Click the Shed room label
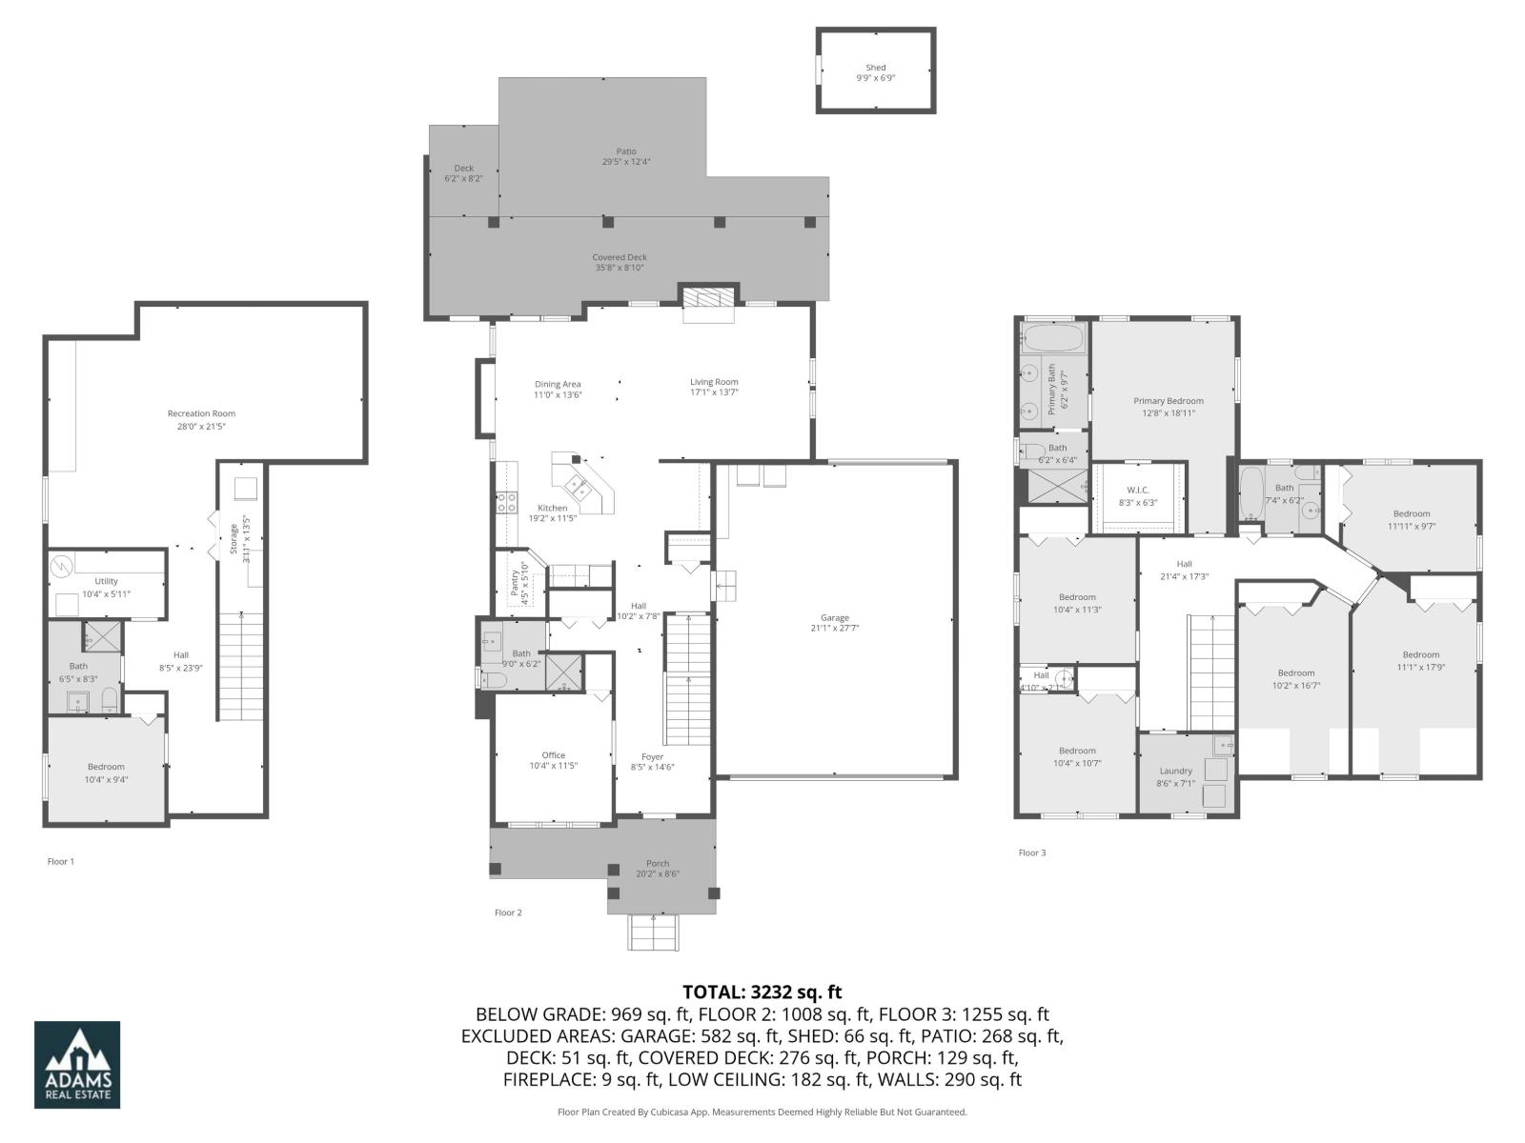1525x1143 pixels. [x=875, y=68]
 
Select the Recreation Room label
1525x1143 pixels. [x=201, y=413]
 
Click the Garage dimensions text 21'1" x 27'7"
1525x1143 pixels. [x=835, y=629]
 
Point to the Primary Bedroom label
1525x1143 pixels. [x=1168, y=401]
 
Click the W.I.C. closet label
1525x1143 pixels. [x=1137, y=491]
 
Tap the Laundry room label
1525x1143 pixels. [x=1175, y=771]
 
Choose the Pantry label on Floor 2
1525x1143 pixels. [x=516, y=582]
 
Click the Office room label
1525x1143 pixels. [x=554, y=755]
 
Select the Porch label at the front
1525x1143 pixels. [x=658, y=863]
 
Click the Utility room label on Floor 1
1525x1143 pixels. [x=106, y=581]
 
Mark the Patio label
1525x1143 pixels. [x=625, y=151]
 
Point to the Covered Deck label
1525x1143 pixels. [x=620, y=257]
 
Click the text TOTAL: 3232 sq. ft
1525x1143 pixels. [x=762, y=993]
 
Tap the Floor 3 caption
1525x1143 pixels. [x=1031, y=852]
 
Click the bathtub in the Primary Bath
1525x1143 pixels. [x=1052, y=338]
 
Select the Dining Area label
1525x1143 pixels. [x=558, y=384]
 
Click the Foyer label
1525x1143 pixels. [x=652, y=756]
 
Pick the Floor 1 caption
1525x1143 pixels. [x=60, y=861]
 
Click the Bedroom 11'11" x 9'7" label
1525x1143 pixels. [x=1411, y=513]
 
